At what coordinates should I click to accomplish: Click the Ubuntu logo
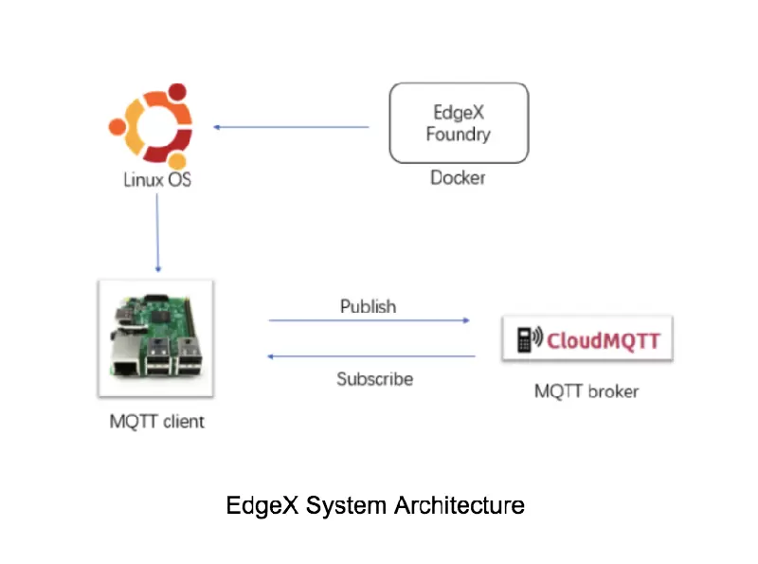pos(152,125)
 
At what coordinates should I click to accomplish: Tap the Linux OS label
pos(157,178)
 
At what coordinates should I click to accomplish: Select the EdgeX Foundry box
pos(459,123)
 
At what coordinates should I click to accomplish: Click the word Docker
pos(458,177)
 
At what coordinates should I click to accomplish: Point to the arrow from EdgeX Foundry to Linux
pos(291,126)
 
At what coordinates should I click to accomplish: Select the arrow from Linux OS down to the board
pos(157,232)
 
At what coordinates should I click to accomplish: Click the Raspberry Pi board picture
pos(155,337)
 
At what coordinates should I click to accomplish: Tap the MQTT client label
pos(156,421)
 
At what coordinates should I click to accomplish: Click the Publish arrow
pos(369,320)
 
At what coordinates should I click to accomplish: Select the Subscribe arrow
pos(370,356)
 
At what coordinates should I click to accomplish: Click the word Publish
pos(368,306)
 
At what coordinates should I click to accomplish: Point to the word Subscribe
pos(374,379)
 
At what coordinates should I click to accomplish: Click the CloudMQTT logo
pos(587,338)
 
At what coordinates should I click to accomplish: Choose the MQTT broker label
pos(587,391)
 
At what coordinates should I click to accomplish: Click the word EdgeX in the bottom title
pos(262,505)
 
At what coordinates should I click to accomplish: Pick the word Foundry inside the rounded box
pos(459,135)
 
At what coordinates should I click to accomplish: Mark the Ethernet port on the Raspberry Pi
pos(124,361)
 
